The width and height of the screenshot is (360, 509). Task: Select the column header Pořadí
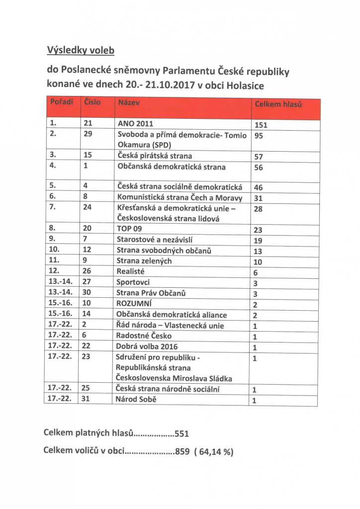[62, 102]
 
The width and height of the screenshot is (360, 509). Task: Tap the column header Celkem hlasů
[278, 105]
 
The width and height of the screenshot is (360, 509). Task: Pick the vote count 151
[261, 125]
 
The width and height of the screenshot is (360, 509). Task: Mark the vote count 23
[259, 230]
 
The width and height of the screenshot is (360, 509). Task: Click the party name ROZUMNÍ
[134, 303]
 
